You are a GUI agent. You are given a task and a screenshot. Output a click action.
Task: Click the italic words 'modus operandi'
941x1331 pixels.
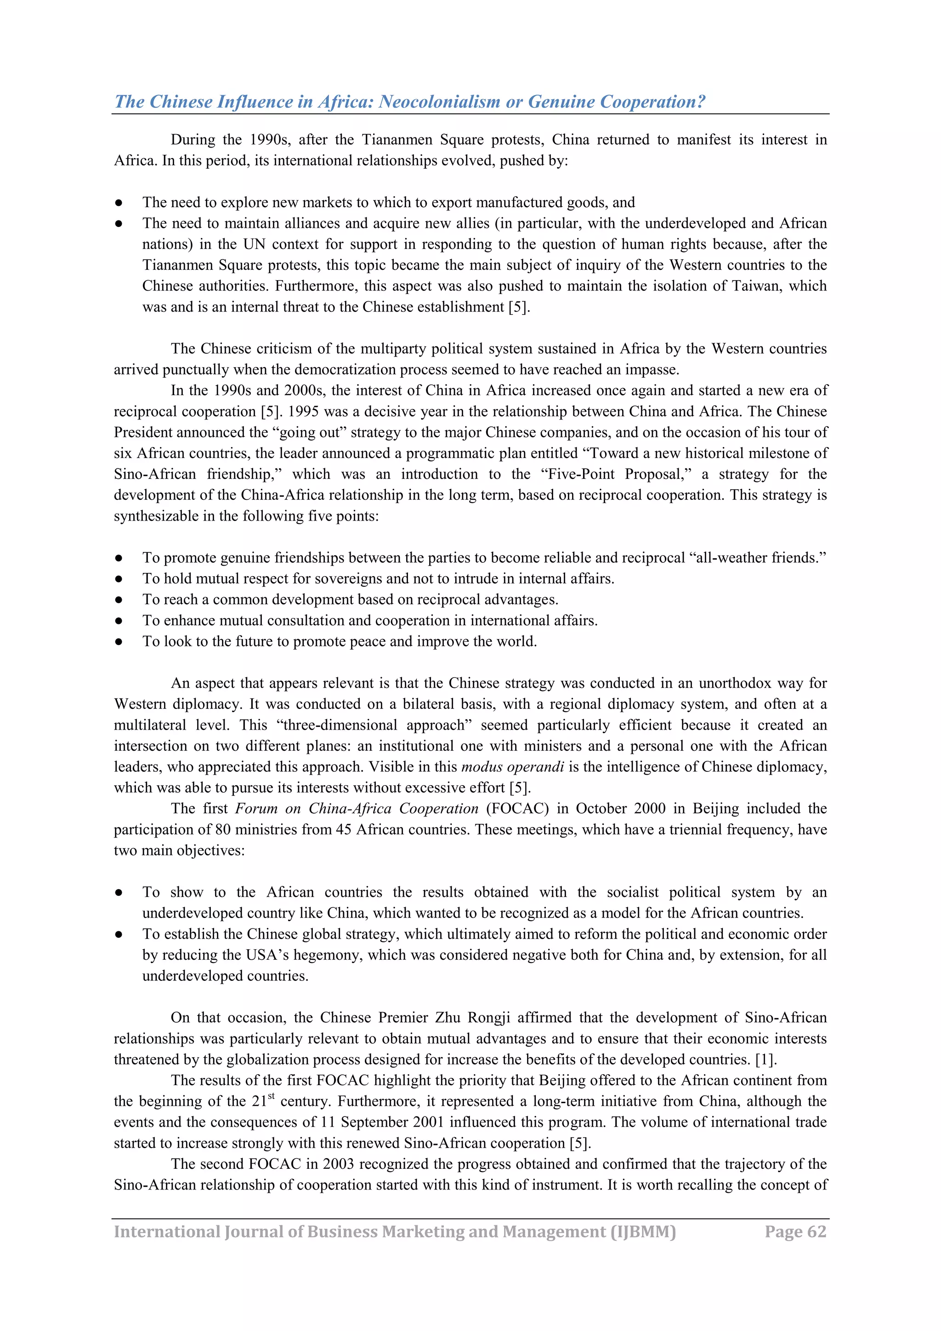coord(512,767)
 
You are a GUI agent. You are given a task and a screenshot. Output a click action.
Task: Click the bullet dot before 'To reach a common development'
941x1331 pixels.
coord(118,600)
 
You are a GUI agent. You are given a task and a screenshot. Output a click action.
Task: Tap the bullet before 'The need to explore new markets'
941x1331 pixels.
coord(118,203)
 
